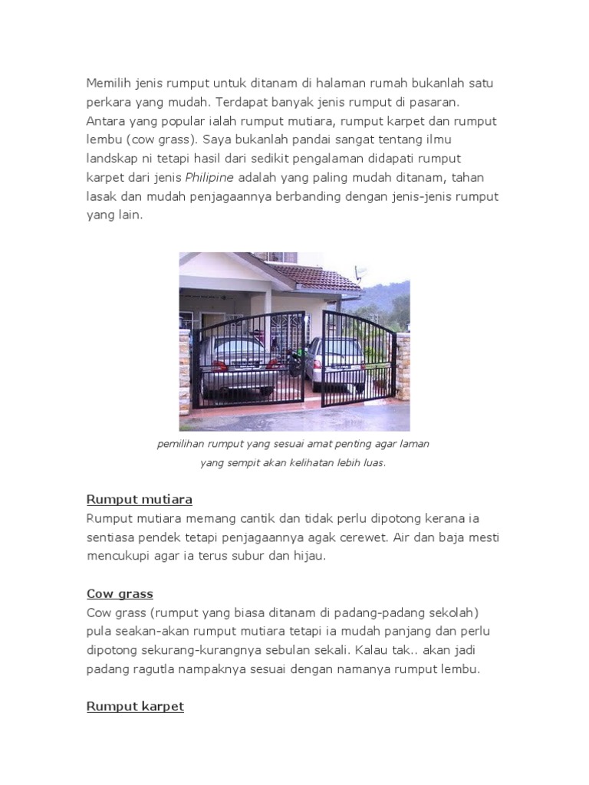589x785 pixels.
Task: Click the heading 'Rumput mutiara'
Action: click(139, 500)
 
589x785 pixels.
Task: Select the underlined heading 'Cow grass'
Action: click(120, 593)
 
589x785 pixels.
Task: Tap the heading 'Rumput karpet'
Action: click(135, 706)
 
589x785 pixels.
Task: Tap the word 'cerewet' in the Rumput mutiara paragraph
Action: click(362, 537)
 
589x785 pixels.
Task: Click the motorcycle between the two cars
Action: click(294, 359)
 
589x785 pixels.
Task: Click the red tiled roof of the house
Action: click(314, 276)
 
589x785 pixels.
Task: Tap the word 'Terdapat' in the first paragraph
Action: click(240, 102)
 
